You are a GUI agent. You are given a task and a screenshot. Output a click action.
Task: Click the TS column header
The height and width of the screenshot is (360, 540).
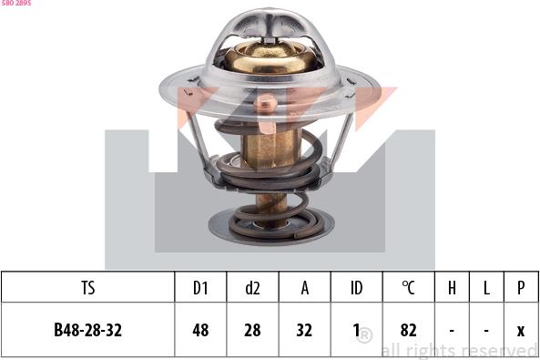[88, 287]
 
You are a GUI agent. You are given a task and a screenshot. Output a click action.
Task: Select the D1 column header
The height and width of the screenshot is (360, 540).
[200, 287]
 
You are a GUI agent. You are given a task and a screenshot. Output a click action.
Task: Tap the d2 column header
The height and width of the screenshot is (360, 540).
[252, 287]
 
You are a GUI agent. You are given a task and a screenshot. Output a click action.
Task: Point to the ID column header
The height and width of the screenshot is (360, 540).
[356, 287]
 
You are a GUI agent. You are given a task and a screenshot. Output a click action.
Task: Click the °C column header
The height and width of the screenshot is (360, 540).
[409, 287]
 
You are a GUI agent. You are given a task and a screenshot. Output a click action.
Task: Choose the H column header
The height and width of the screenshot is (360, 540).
[452, 287]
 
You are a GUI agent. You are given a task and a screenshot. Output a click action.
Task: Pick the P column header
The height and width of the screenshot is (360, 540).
[521, 287]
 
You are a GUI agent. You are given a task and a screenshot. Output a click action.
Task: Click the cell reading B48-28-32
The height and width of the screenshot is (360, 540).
[87, 330]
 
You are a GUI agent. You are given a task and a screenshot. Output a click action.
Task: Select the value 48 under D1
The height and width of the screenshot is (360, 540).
[200, 330]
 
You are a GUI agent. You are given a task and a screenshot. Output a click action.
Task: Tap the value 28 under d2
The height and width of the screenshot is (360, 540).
[252, 330]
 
